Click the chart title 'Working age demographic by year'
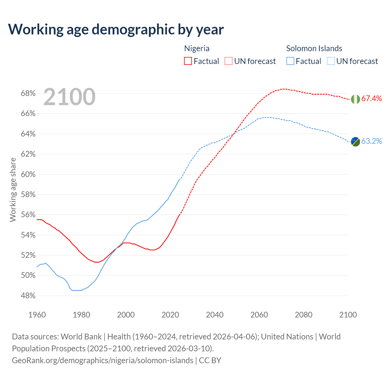pos(116,29)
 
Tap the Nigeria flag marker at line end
pos(355,99)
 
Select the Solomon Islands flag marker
pos(355,141)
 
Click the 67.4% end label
pos(371,98)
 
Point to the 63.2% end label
pos(371,141)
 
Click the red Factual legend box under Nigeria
pos(188,61)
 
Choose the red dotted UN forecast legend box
pos(229,61)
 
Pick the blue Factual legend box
pos(290,61)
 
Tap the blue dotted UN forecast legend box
pos(331,61)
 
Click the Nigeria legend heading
pos(197,48)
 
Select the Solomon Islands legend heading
pos(314,48)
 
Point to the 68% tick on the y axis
pos(28,94)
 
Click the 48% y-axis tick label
pos(28,296)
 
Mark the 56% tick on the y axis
pos(28,215)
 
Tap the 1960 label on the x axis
pos(37,315)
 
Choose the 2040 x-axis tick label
pos(215,315)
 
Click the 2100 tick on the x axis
pos(348,315)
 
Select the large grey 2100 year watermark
pos(69,97)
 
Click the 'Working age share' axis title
pos(13,190)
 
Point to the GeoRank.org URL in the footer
pos(102,360)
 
